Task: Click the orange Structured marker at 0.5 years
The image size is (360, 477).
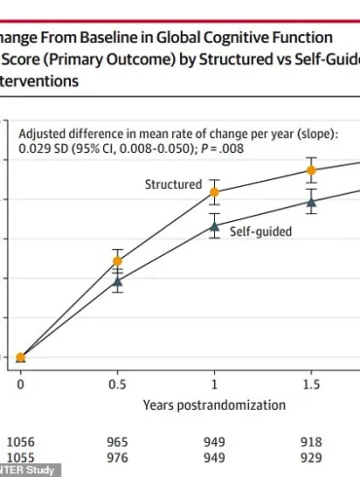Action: pyautogui.click(x=118, y=261)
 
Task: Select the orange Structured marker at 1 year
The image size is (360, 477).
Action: pyautogui.click(x=214, y=193)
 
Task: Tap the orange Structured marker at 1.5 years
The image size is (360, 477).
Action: pyautogui.click(x=311, y=170)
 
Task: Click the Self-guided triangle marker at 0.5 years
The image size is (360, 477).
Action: pyautogui.click(x=118, y=281)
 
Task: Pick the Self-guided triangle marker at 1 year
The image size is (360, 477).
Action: pyautogui.click(x=214, y=226)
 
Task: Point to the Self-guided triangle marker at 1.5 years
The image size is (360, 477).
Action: pyautogui.click(x=311, y=202)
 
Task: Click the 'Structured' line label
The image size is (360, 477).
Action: pyautogui.click(x=173, y=184)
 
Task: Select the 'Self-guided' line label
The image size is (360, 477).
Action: pyautogui.click(x=260, y=233)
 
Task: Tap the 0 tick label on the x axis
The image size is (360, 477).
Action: pyautogui.click(x=20, y=385)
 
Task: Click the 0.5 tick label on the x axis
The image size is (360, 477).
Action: pyautogui.click(x=118, y=385)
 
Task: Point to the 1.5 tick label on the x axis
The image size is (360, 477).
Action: pyautogui.click(x=311, y=385)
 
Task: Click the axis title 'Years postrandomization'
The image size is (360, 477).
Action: pyautogui.click(x=214, y=404)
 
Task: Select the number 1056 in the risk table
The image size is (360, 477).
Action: pyautogui.click(x=20, y=442)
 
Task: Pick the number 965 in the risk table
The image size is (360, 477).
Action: pyautogui.click(x=118, y=442)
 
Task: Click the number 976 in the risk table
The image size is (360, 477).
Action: pyautogui.click(x=118, y=457)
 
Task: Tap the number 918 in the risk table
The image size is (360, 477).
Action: pyautogui.click(x=311, y=442)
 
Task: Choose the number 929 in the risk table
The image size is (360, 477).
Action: pyautogui.click(x=311, y=457)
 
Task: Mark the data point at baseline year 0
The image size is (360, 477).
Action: pyautogui.click(x=20, y=357)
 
